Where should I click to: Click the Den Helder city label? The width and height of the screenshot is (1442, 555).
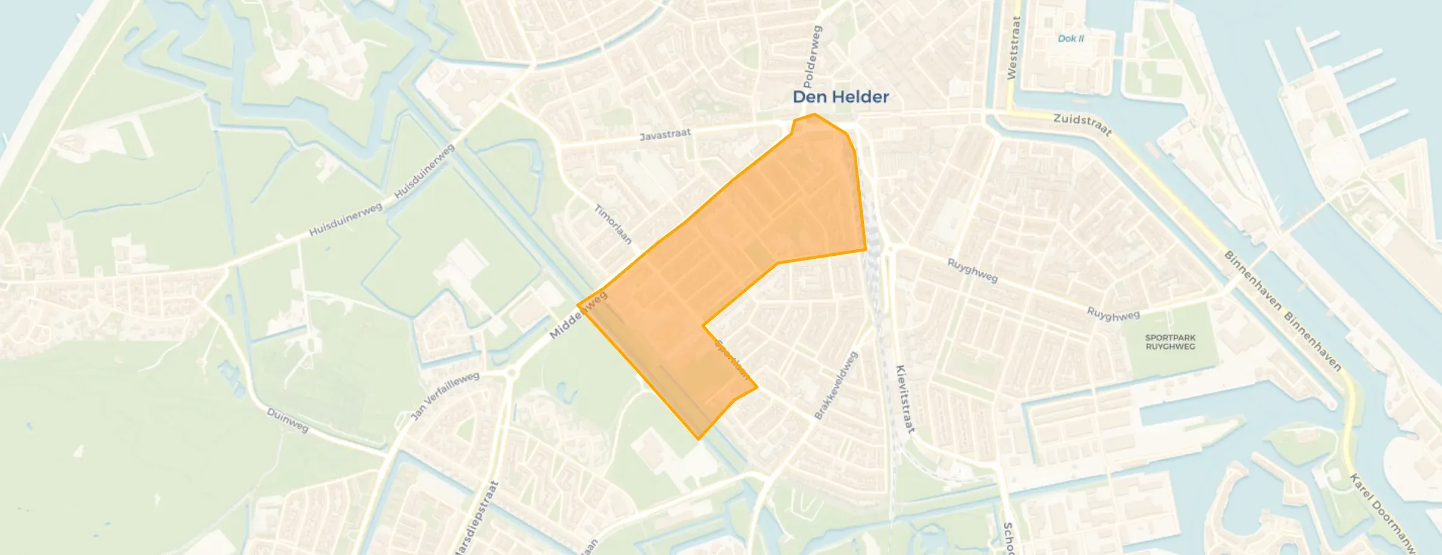(840, 97)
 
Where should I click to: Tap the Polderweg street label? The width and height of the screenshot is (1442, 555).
(813, 55)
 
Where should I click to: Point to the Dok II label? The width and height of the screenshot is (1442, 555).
(1071, 39)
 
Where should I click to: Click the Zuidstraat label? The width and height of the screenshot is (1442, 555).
(1082, 124)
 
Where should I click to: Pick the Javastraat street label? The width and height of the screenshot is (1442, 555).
(665, 134)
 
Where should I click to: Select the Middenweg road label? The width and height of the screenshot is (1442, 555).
(578, 316)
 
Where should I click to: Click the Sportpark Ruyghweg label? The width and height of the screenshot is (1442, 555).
(1170, 342)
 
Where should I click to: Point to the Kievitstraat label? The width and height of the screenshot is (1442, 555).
(905, 399)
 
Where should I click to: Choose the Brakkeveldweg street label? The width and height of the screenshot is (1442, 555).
(836, 385)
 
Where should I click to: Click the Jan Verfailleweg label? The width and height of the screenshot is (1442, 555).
(445, 396)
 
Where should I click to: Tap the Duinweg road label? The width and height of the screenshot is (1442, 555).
(288, 420)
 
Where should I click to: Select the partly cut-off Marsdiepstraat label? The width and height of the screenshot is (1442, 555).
(476, 519)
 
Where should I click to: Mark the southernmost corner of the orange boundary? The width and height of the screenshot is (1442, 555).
(699, 439)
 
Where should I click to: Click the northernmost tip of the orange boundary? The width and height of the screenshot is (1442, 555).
(815, 113)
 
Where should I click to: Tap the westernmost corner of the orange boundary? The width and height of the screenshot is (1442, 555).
(578, 305)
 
